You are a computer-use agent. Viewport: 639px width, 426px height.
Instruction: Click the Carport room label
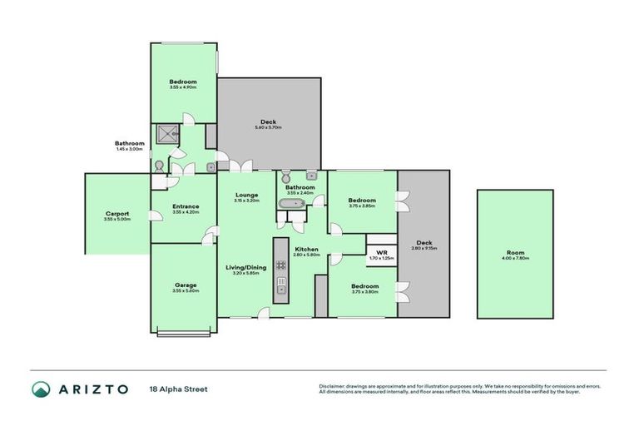click(117, 213)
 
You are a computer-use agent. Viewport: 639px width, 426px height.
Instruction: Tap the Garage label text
click(185, 284)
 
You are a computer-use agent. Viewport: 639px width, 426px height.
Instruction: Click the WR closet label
click(382, 252)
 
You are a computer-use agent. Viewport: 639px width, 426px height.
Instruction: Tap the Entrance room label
click(185, 206)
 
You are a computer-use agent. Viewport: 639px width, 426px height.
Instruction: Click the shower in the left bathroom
click(164, 135)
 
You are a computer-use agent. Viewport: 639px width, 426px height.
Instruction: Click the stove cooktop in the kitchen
click(281, 265)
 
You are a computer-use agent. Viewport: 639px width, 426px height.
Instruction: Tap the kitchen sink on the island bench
click(281, 289)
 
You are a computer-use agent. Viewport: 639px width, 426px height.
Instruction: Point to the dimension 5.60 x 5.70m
click(269, 128)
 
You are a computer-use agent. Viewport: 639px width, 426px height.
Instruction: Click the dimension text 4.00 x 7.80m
click(516, 259)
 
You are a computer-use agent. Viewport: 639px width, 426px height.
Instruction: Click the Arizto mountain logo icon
click(41, 389)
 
